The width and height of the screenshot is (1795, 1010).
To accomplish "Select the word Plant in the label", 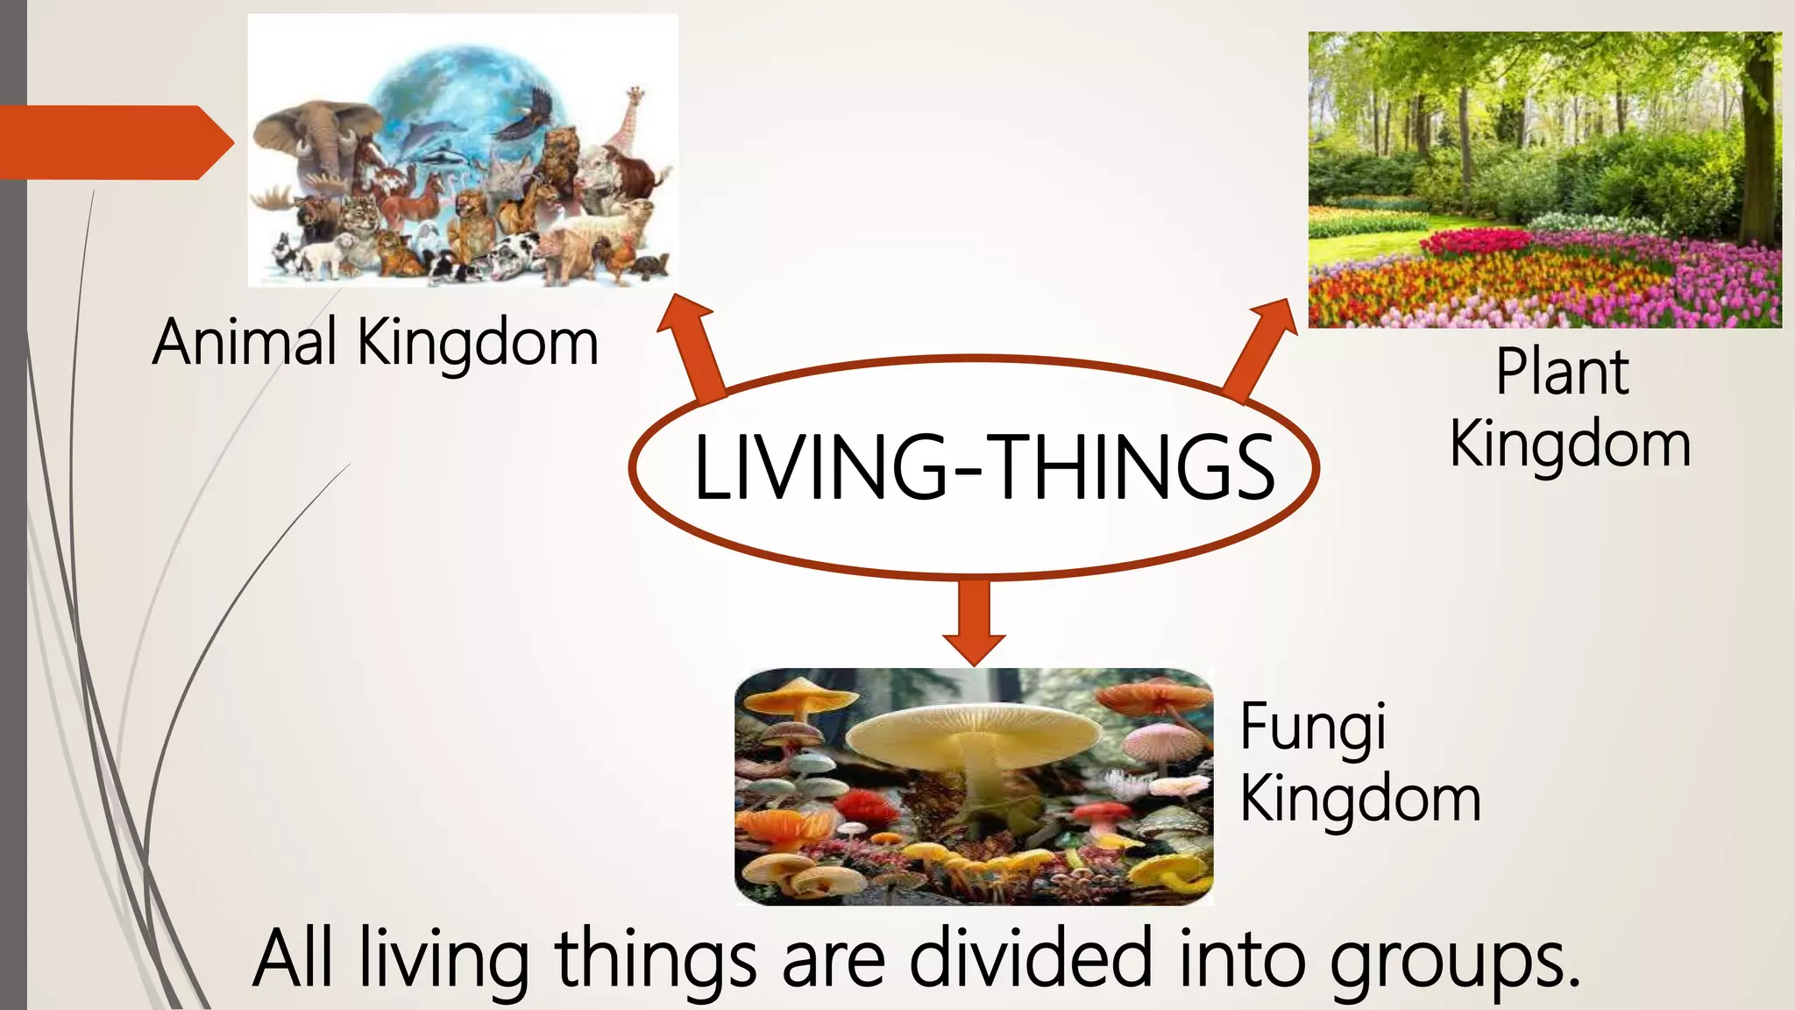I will [1562, 373].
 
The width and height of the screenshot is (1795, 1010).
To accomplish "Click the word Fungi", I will [1312, 728].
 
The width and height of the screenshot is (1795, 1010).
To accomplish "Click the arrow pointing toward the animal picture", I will [692, 346].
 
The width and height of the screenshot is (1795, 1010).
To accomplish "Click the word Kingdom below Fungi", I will [1360, 800].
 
